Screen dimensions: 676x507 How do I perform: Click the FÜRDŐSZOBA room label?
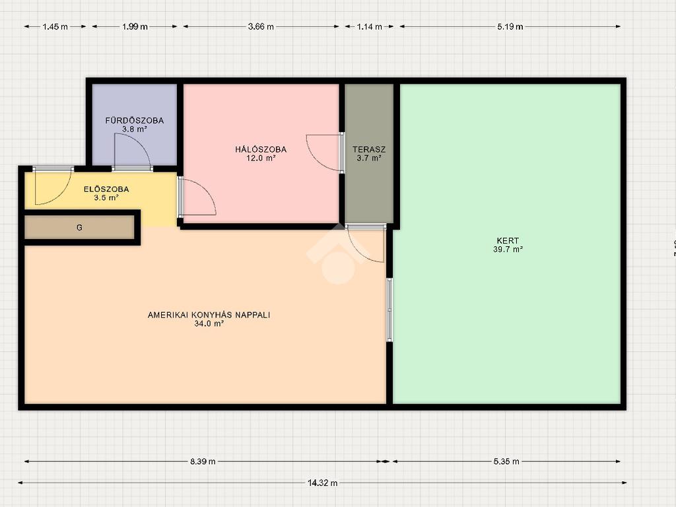[x=135, y=120]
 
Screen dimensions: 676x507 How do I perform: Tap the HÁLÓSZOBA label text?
[x=261, y=149]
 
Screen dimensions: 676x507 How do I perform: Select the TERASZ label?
[x=369, y=149]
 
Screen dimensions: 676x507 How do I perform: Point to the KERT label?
[x=508, y=240]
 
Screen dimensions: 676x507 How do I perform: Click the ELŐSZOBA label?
[x=106, y=189]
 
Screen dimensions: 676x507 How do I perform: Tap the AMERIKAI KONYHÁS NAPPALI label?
[x=209, y=315]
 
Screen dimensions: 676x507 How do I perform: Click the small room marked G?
[x=79, y=227]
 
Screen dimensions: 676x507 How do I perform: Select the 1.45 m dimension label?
[x=55, y=26]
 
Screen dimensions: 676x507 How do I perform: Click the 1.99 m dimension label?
[x=135, y=26]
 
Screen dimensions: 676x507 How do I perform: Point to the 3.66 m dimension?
[x=261, y=26]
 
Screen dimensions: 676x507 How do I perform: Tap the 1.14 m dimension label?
[x=370, y=26]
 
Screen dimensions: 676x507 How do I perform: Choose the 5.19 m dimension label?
[x=510, y=26]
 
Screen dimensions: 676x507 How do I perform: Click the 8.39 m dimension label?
[x=203, y=461]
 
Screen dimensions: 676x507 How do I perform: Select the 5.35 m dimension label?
[x=506, y=461]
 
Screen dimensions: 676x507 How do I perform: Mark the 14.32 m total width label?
[x=322, y=483]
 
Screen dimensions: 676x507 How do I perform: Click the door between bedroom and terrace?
[x=325, y=153]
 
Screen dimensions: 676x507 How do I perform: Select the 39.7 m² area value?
[x=508, y=249]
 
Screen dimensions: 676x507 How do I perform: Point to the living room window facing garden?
[x=389, y=310]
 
